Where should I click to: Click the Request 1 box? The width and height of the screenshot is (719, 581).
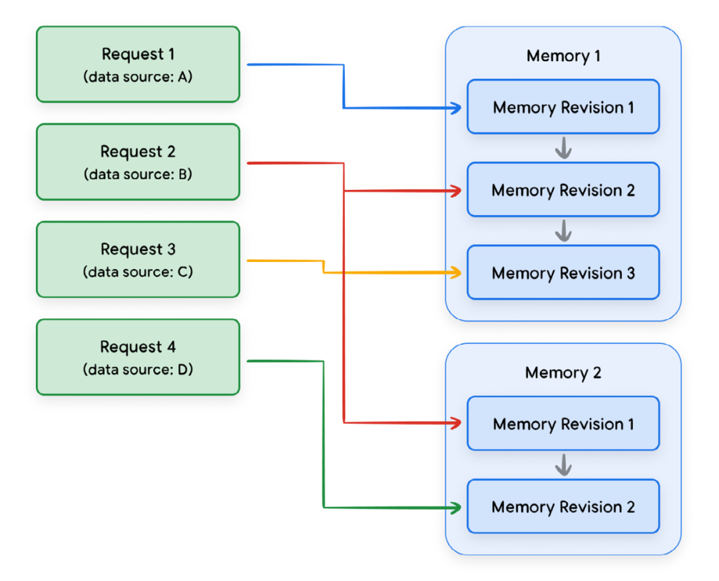coord(138,64)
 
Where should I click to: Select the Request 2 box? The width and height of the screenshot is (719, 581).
coord(138,162)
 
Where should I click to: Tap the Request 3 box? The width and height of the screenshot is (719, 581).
coord(138,259)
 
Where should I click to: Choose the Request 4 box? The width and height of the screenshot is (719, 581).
coord(138,357)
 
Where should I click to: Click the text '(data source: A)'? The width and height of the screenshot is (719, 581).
coord(138,77)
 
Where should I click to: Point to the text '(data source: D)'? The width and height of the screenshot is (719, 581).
coord(138,369)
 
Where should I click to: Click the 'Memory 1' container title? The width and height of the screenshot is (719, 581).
coord(563,56)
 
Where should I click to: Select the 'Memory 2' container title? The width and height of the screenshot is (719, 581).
coord(563,372)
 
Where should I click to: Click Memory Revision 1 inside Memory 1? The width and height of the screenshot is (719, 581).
coord(563,107)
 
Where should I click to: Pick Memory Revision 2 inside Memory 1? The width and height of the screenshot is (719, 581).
coord(563,191)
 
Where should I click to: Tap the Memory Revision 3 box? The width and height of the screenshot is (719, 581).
coord(563,273)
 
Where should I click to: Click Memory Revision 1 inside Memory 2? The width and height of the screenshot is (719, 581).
coord(563,424)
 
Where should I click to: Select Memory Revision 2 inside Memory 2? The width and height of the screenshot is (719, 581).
coord(563,507)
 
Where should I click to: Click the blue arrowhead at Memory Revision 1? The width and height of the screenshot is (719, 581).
coord(456,108)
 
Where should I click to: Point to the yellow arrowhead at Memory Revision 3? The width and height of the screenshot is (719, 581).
coord(456,273)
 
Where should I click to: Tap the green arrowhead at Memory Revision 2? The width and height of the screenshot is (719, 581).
coord(456,508)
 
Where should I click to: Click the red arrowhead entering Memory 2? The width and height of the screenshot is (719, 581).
coord(456,422)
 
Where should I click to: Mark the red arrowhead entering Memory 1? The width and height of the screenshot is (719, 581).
coord(456,191)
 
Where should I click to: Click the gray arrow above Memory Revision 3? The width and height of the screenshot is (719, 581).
coord(564,231)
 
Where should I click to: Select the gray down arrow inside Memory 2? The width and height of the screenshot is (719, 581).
coord(564,464)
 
